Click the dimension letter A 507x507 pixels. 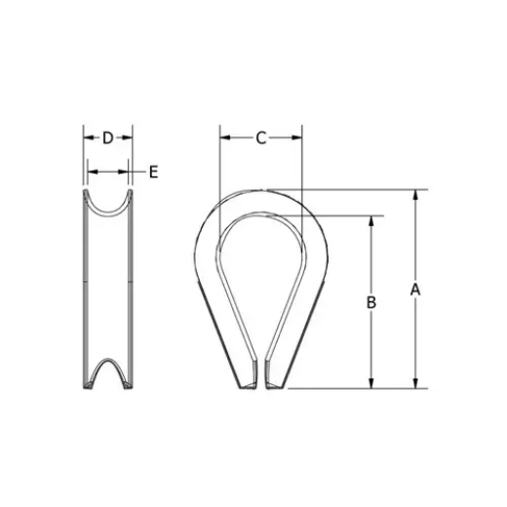(414, 290)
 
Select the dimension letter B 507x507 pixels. (371, 303)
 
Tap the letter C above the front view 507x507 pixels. (261, 137)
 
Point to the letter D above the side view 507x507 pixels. (107, 137)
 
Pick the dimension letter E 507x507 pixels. (153, 173)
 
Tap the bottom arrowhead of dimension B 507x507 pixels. (371, 383)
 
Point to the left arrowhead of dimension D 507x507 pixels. (87, 137)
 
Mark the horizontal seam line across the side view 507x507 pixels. (107, 284)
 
